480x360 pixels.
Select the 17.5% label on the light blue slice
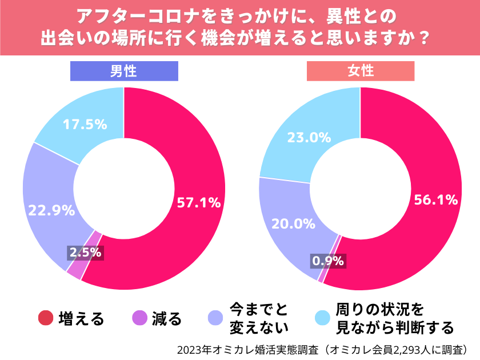pyautogui.click(x=85, y=124)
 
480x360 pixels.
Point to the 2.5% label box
pyautogui.click(x=85, y=251)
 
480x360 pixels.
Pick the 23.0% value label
pyautogui.click(x=309, y=137)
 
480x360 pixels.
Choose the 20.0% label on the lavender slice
pyautogui.click(x=293, y=223)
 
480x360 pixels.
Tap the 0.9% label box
pyautogui.click(x=327, y=261)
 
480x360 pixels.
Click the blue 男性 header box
pyautogui.click(x=124, y=71)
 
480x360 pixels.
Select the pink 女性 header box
pyautogui.click(x=361, y=71)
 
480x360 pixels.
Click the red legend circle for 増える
pyautogui.click(x=46, y=318)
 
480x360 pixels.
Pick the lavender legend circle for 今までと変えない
pyautogui.click(x=215, y=318)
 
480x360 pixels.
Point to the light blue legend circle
pyautogui.click(x=323, y=318)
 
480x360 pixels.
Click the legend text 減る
pyautogui.click(x=166, y=319)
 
